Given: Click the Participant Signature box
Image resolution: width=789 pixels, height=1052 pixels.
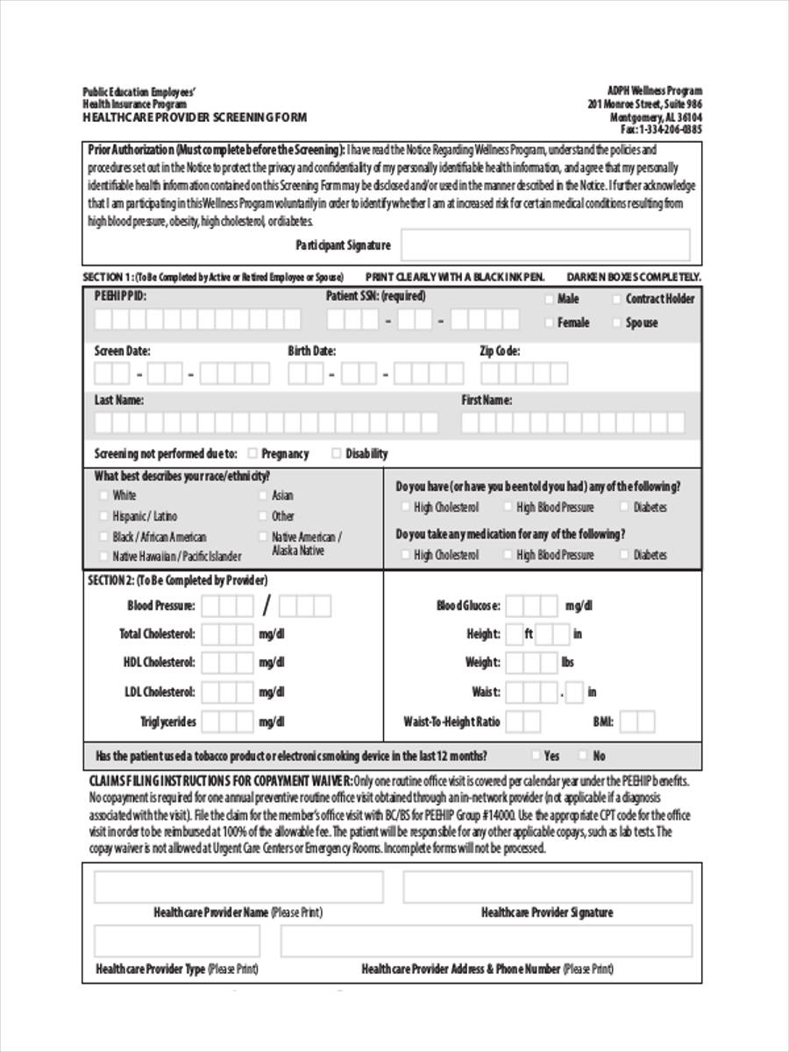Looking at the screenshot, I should point(545,245).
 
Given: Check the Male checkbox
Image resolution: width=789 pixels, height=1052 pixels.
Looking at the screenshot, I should point(550,299).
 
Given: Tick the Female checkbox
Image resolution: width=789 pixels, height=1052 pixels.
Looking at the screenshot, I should point(550,323).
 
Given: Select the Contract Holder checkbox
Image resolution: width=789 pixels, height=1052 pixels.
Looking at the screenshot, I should point(617,299).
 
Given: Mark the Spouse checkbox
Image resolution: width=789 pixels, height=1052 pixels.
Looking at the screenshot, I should point(617,323).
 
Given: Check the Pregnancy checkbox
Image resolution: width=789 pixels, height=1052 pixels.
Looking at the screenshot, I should point(252,453).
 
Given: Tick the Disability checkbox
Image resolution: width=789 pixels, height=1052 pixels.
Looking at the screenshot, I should point(337,453).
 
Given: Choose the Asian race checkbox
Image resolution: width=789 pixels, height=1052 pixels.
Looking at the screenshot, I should point(263,495).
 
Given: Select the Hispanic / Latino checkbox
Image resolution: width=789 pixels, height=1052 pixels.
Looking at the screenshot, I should point(104,516).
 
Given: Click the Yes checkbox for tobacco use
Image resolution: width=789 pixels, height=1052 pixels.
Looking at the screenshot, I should point(535,756).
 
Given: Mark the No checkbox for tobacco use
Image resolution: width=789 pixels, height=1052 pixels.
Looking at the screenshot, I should point(583,756).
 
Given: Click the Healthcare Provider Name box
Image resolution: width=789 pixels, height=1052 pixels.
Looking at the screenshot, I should point(238,886).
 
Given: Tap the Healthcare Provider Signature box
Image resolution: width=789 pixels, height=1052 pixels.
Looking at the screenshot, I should point(547,886).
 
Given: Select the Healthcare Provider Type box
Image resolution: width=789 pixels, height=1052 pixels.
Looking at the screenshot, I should point(177,942).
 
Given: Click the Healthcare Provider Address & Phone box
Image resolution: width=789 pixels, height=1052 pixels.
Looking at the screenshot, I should point(487,942).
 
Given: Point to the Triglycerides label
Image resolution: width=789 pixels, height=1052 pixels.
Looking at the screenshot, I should point(168,721).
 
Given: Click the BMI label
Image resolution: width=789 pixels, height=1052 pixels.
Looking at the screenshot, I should point(604,722).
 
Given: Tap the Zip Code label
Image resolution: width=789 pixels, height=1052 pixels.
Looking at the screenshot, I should point(500,351).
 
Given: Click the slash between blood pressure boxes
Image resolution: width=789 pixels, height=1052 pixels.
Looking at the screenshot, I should point(267,606).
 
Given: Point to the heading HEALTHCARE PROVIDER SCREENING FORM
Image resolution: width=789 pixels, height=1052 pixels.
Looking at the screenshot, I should point(195,116).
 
